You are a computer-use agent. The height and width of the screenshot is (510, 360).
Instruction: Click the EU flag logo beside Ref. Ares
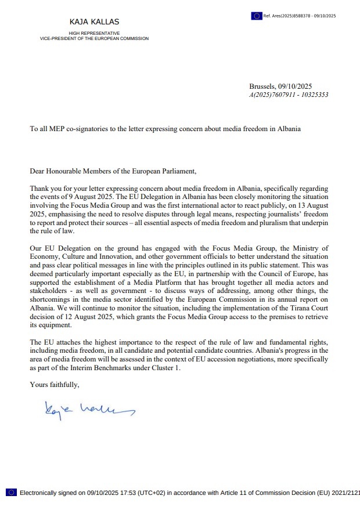(x=256, y=16)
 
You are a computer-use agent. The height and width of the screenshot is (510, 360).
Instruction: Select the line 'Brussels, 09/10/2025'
(x=280, y=86)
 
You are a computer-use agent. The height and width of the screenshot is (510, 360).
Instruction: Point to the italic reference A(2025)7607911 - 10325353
(x=289, y=95)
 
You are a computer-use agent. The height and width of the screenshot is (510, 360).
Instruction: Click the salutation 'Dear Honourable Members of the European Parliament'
(x=113, y=172)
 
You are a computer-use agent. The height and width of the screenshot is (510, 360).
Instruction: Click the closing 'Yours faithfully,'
(x=55, y=385)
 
